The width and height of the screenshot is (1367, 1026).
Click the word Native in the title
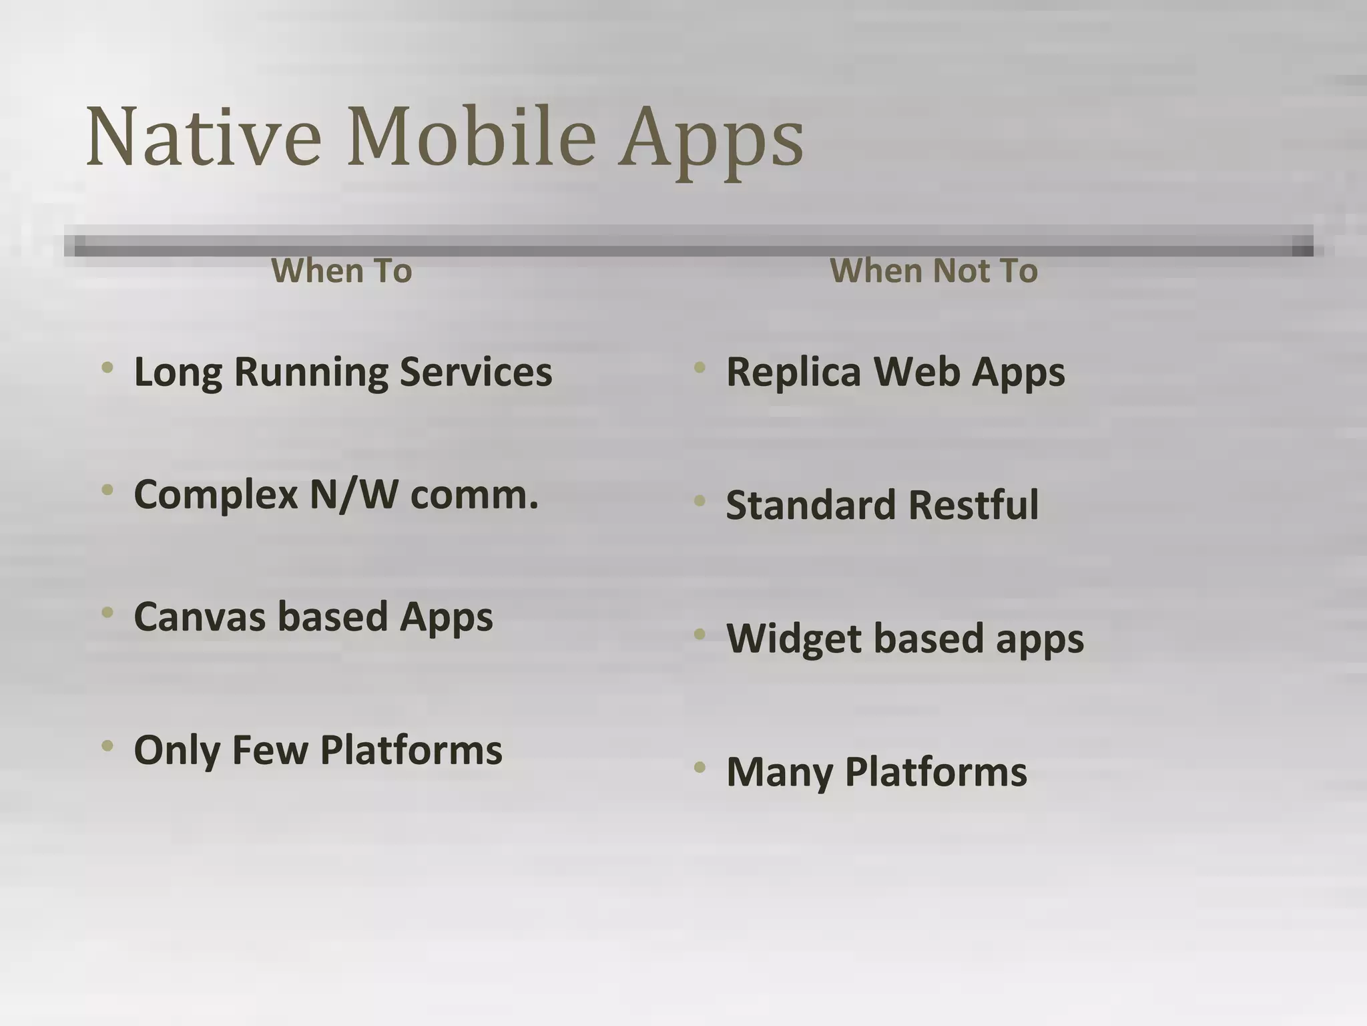coord(204,137)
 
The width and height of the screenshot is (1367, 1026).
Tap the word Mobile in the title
coord(471,137)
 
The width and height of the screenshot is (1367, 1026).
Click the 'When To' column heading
coord(342,271)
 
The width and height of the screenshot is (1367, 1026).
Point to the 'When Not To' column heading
coord(934,271)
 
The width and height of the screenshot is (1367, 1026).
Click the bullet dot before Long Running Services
coord(107,367)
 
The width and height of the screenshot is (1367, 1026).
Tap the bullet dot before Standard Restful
coord(700,500)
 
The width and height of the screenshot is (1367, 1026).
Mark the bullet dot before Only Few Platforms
coord(107,745)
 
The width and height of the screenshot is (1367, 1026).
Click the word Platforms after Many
coord(936,773)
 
